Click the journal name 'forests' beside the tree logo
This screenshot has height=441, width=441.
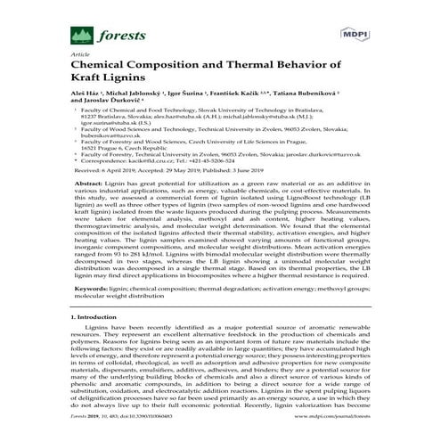tap(97, 38)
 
